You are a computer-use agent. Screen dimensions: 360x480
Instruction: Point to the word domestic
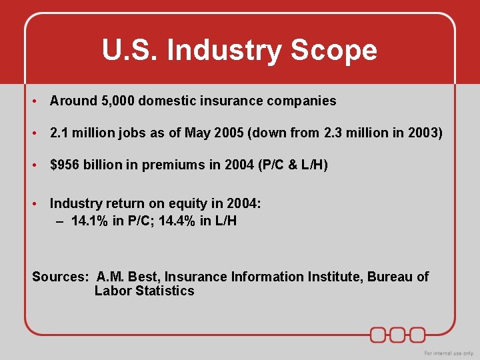(x=165, y=101)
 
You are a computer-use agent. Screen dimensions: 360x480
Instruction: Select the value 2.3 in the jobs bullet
(x=334, y=133)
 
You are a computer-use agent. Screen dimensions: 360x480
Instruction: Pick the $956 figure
(x=64, y=165)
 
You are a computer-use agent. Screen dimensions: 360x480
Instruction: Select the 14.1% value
(x=89, y=220)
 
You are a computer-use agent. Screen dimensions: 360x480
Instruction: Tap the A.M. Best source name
(x=128, y=277)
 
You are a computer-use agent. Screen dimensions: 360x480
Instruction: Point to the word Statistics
(x=165, y=291)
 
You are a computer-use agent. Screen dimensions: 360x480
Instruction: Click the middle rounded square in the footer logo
(x=398, y=334)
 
